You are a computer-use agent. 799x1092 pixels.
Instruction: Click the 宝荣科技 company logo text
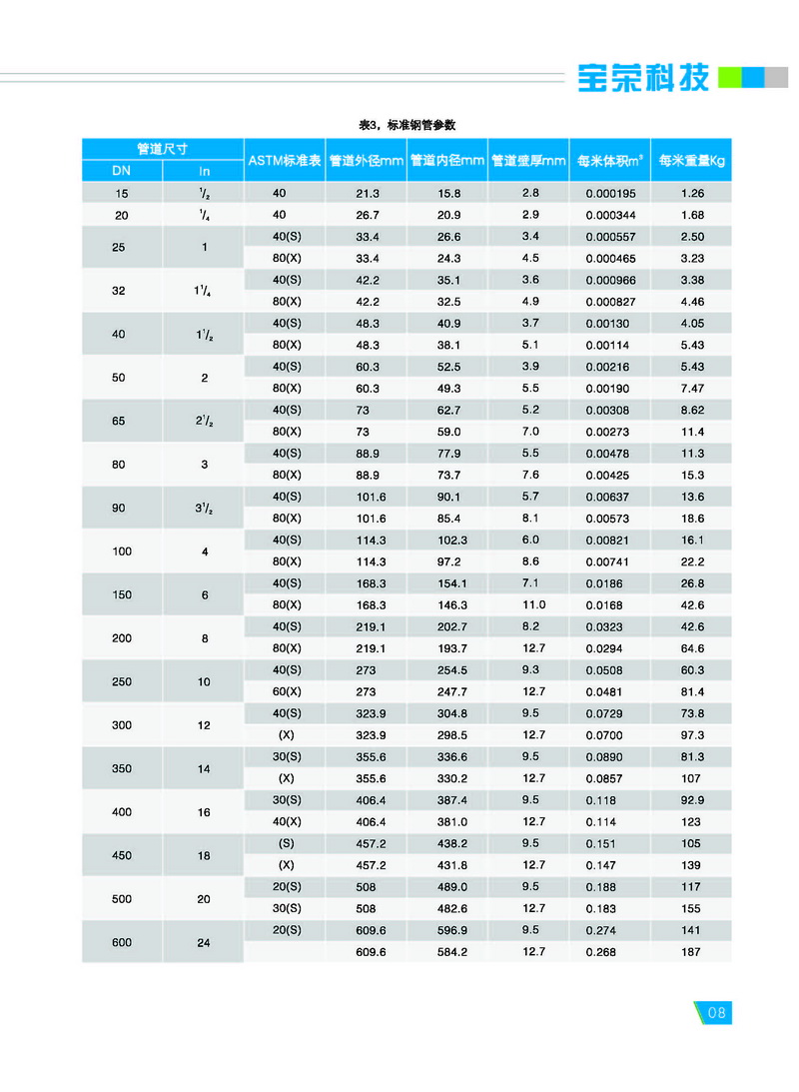643,78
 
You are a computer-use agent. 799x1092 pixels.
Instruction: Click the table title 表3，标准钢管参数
406,125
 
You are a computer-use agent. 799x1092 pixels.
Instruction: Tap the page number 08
716,1012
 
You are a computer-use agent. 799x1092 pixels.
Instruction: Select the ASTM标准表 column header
285,160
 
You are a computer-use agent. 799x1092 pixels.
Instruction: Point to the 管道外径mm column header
366,160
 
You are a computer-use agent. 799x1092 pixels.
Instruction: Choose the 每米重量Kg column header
691,160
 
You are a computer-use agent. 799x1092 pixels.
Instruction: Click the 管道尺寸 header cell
163,149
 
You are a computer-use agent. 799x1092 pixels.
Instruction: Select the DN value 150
121,594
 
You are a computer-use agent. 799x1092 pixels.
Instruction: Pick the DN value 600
121,941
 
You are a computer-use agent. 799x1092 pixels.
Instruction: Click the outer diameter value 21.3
368,193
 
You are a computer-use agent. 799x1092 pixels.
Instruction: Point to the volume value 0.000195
610,193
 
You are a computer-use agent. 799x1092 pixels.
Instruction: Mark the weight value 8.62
692,410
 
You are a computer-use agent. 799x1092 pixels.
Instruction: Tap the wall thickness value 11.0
533,604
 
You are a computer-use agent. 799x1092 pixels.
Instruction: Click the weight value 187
691,952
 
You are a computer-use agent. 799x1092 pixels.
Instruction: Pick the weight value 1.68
692,215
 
